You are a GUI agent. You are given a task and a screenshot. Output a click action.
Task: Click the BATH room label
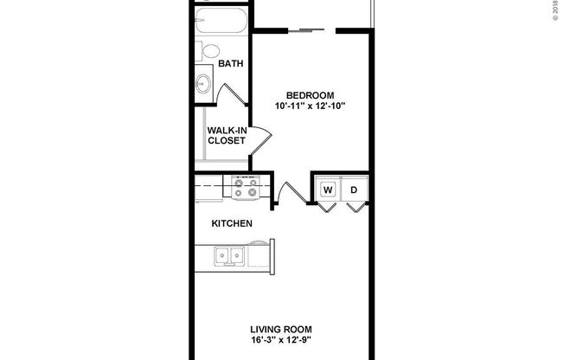point(230,64)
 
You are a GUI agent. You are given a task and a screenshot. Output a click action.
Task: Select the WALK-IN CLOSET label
point(226,135)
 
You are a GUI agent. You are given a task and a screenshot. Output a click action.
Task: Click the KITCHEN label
point(232,224)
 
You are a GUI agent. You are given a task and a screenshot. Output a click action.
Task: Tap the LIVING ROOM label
point(281,330)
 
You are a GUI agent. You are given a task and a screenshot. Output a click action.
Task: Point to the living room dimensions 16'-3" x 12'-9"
point(281,341)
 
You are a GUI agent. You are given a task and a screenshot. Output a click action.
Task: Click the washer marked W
point(329,190)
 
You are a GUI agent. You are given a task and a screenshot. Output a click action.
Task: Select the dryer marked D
point(354,190)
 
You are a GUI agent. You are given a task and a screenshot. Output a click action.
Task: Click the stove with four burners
point(245,187)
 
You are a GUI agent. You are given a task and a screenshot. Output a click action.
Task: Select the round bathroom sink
point(204,83)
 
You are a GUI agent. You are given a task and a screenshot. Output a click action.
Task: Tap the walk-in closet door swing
point(261,133)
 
